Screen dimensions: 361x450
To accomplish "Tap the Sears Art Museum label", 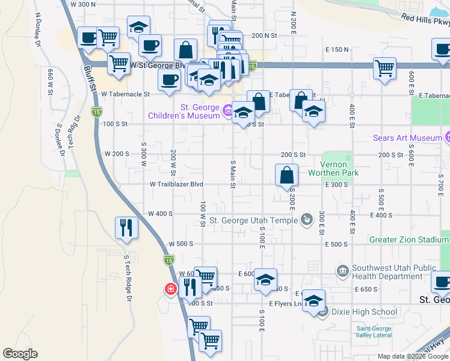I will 408,138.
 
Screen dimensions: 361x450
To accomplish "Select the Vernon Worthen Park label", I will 333,168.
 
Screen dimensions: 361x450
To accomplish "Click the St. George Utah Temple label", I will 249,220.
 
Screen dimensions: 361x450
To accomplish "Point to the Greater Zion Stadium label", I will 409,239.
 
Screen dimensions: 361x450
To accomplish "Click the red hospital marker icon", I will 171,289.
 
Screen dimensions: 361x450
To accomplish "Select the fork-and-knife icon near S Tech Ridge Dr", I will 126,227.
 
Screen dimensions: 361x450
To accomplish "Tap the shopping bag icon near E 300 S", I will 287,175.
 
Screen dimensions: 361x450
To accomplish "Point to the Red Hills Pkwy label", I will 425,20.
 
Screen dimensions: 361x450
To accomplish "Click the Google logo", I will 20,354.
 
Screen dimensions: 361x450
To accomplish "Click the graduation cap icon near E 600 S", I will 265,280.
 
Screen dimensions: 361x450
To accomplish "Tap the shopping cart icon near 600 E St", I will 384,68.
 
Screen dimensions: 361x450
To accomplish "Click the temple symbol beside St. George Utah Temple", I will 307,220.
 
